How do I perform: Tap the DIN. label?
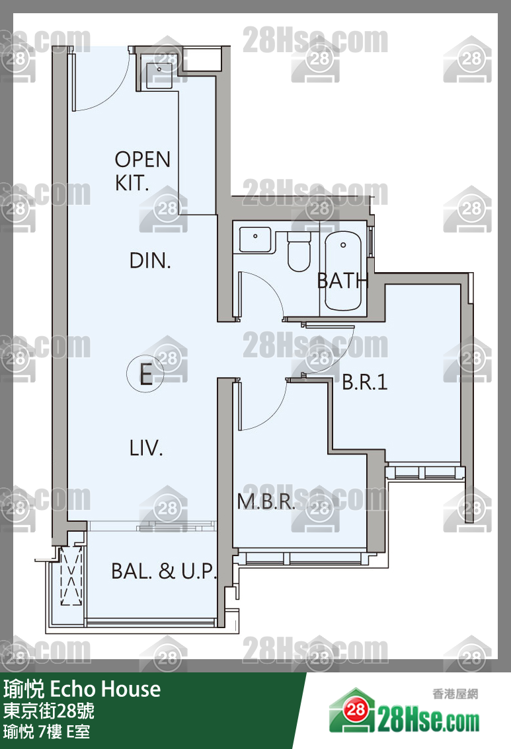click(x=150, y=261)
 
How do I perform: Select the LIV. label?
click(x=146, y=448)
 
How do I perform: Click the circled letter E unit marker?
click(x=145, y=374)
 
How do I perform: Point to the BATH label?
click(x=342, y=281)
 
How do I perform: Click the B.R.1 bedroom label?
click(x=365, y=382)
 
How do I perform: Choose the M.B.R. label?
click(x=266, y=501)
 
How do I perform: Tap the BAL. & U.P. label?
click(x=163, y=571)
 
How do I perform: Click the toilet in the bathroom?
click(x=299, y=250)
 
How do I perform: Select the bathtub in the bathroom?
click(x=343, y=271)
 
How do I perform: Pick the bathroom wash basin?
click(x=255, y=239)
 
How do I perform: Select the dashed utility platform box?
click(x=71, y=576)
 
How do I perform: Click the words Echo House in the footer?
click(x=105, y=690)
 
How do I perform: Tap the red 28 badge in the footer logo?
click(x=356, y=710)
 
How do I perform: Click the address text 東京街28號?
click(x=49, y=711)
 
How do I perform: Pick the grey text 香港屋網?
click(x=455, y=694)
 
